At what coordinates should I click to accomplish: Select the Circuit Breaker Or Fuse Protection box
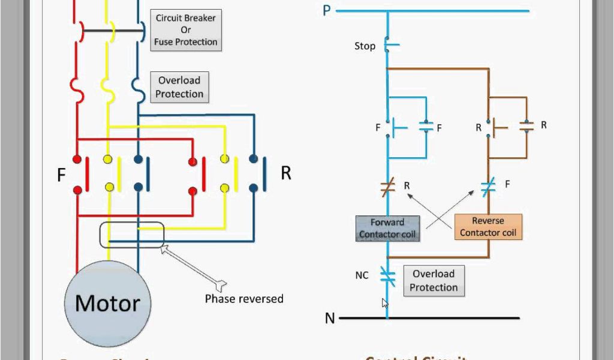pos(185,30)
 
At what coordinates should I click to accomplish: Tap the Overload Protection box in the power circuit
pos(179,87)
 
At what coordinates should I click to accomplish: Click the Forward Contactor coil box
pos(387,228)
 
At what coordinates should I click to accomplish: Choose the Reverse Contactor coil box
pos(487,226)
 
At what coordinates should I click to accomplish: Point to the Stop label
pos(365,46)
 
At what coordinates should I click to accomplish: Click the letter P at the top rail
pos(327,10)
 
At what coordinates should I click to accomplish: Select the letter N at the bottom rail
pos(330,318)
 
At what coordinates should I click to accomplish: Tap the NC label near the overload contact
pos(362,275)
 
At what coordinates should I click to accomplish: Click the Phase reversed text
pos(244,298)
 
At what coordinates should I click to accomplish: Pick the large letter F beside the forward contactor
pos(61,175)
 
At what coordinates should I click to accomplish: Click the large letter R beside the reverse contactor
pos(286,173)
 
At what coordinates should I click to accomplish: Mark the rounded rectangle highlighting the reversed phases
pos(131,235)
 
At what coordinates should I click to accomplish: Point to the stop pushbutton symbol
pos(390,45)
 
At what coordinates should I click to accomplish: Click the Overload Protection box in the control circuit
pos(434,280)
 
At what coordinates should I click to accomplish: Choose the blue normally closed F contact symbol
pos(488,186)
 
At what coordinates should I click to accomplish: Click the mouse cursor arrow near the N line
pos(384,303)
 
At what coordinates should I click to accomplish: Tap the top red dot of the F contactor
pos(77,160)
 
